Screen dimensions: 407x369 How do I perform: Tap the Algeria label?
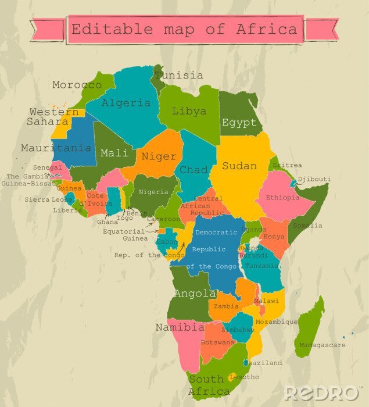point(126,103)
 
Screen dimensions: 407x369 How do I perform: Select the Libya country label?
point(189,110)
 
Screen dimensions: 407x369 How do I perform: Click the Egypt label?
point(239,123)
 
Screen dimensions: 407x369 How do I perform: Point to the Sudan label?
point(239,166)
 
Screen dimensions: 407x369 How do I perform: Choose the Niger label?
point(159,156)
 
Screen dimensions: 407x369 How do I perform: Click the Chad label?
point(194,170)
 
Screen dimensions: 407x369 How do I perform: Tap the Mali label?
point(114,153)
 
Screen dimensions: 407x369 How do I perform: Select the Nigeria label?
point(154,192)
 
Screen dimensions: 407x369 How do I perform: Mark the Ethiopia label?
point(282,198)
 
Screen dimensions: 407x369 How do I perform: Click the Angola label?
point(195,294)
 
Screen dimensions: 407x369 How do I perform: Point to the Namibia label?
point(180,327)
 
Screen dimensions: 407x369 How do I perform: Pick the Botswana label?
point(217,342)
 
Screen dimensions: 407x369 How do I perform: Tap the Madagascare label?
point(322,345)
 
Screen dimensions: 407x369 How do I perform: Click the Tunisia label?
point(180,76)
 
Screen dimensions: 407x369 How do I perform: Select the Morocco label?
point(77,85)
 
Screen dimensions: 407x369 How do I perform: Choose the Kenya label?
point(274,237)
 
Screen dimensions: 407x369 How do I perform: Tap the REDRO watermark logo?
point(321,393)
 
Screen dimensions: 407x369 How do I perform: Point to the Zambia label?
point(226,306)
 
